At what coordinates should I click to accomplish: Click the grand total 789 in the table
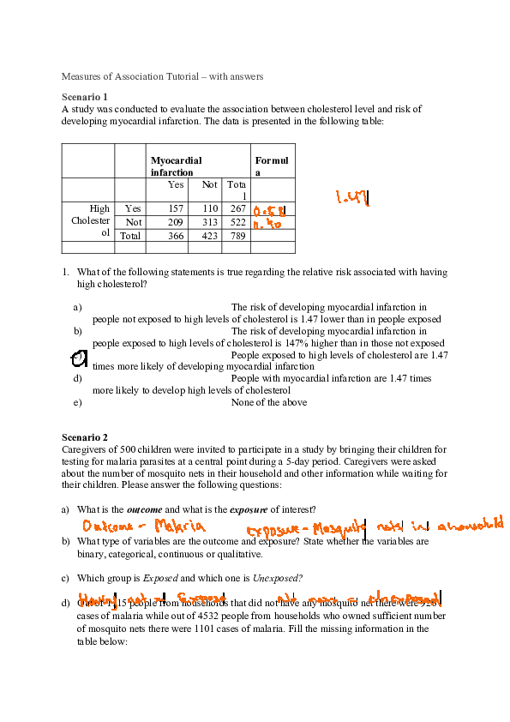(237, 235)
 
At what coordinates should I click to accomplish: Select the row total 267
(237, 208)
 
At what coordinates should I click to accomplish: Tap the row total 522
(237, 221)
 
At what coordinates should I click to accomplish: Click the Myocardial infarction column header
(177, 166)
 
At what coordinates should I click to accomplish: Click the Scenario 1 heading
(85, 97)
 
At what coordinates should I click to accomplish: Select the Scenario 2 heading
(85, 437)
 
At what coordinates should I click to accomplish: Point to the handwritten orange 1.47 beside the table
(352, 198)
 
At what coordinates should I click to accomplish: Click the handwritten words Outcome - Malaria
(143, 526)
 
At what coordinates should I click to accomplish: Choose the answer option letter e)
(78, 402)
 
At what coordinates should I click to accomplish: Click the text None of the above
(269, 402)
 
